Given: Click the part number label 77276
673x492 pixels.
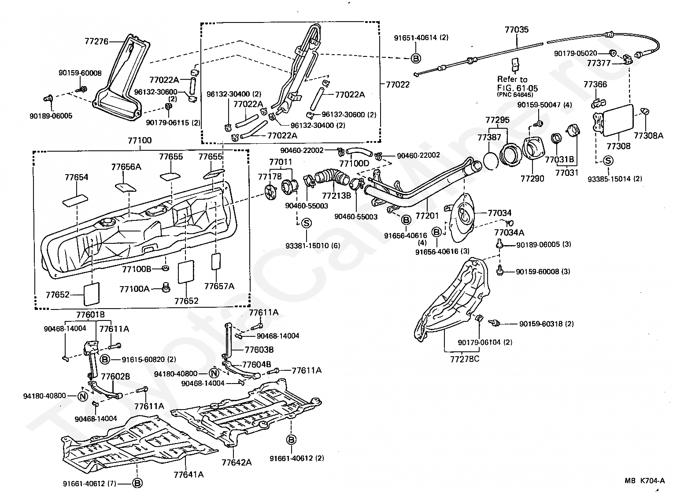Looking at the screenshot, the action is (x=96, y=41).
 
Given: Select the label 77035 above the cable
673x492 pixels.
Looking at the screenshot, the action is (x=517, y=30).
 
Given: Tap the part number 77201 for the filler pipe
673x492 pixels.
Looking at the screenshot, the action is (x=427, y=215).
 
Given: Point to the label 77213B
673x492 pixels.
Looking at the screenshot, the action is (x=336, y=196).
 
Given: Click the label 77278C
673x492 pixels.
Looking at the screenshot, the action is (x=465, y=359).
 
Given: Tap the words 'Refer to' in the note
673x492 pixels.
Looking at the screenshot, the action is (x=512, y=79).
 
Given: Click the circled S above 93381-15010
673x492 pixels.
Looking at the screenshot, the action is (x=306, y=223).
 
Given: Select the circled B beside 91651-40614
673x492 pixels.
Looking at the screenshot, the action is (x=416, y=58).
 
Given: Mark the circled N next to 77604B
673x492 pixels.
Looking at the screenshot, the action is (x=214, y=373).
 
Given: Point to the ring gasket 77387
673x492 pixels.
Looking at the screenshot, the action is (x=491, y=160).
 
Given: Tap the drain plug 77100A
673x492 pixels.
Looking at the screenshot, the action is (x=166, y=287).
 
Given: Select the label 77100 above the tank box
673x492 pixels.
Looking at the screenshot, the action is (x=140, y=140).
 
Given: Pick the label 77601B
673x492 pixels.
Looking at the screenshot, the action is (x=90, y=315).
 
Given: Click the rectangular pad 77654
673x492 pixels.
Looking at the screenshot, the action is (x=75, y=201).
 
